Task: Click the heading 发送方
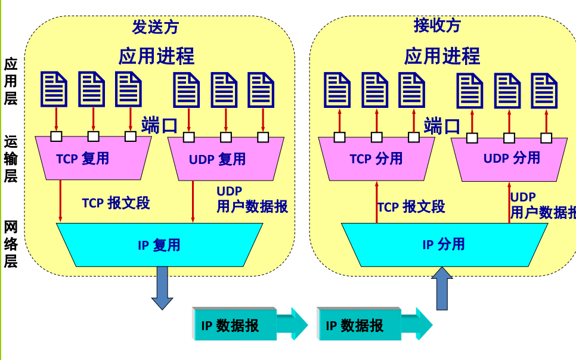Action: pos(155,27)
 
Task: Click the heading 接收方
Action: pos(437,26)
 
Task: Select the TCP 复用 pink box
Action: pos(93,159)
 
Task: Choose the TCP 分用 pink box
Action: pos(376,159)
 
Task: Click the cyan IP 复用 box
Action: pos(159,245)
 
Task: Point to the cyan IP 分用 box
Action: pos(444,244)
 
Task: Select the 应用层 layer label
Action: pos(10,81)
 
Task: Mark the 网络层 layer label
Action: pos(10,244)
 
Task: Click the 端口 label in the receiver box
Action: pos(442,126)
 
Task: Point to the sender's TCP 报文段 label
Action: pos(116,203)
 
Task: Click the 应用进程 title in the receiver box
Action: pos(442,57)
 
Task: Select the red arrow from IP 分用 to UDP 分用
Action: pos(509,203)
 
